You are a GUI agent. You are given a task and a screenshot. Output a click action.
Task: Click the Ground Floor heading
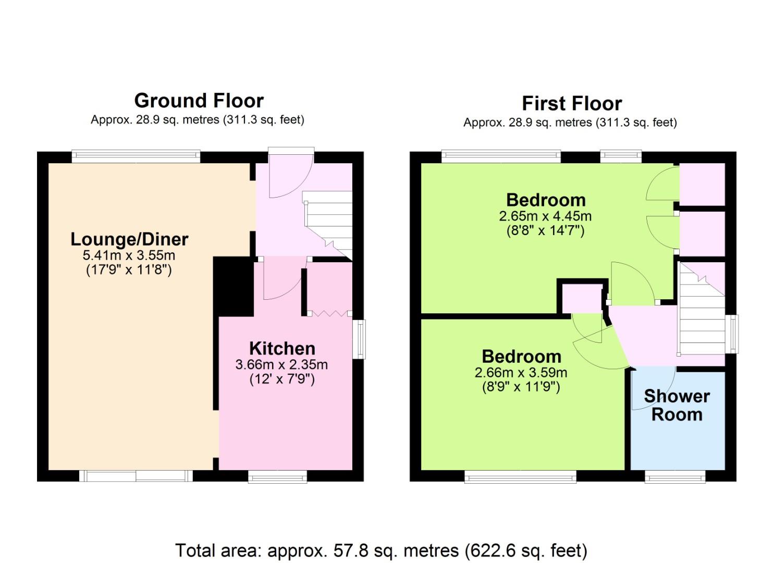click(x=199, y=101)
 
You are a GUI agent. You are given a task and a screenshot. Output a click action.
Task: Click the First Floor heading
click(x=572, y=103)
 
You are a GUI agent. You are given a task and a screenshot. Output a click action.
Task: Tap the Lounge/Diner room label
click(x=129, y=239)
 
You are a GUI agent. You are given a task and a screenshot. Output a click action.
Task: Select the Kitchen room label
click(x=282, y=348)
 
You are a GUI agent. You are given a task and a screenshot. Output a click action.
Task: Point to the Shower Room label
click(x=677, y=406)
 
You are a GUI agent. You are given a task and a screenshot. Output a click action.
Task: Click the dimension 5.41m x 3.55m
click(x=129, y=255)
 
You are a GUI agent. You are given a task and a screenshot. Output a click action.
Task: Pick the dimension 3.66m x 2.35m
click(x=281, y=364)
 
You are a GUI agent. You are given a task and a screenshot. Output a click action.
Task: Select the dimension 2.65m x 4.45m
click(x=545, y=216)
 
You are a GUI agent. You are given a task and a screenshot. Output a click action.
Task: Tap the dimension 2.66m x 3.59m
click(x=521, y=373)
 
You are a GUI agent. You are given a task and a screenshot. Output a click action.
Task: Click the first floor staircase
click(x=702, y=308)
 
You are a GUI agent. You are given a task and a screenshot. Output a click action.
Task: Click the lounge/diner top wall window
click(x=136, y=156)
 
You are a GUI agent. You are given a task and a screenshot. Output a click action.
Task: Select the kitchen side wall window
click(x=359, y=339)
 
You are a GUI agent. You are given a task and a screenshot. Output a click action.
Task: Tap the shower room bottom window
click(x=675, y=476)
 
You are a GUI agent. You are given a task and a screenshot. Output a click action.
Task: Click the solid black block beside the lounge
click(x=233, y=286)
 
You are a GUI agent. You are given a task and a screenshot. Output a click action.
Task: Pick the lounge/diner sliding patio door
click(x=136, y=475)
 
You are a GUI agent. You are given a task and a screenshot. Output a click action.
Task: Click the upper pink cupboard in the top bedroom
click(x=702, y=184)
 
